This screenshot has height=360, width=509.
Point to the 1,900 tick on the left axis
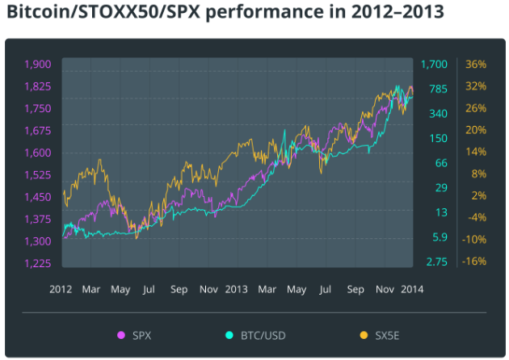click(38, 65)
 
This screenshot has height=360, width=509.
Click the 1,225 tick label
click(38, 263)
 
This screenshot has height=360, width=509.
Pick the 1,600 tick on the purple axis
click(38, 153)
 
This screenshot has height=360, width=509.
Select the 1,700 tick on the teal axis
click(434, 65)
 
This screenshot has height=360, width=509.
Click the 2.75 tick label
click(437, 263)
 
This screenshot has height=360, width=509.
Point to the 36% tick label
click(476, 65)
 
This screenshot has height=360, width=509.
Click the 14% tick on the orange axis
click(476, 152)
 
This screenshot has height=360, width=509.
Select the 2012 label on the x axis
click(62, 288)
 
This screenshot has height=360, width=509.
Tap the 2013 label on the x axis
click(236, 288)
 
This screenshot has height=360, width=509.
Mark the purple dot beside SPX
click(122, 335)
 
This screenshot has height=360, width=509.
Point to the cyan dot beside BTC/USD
click(229, 335)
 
